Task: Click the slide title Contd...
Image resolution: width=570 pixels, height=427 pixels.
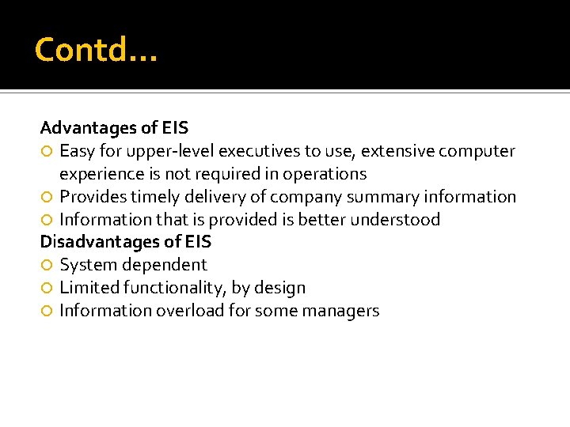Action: click(96, 51)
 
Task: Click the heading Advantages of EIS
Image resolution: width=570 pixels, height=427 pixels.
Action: click(114, 127)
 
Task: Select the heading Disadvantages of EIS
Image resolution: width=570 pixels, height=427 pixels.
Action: click(126, 242)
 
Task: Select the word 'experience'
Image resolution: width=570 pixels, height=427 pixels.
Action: click(98, 174)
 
